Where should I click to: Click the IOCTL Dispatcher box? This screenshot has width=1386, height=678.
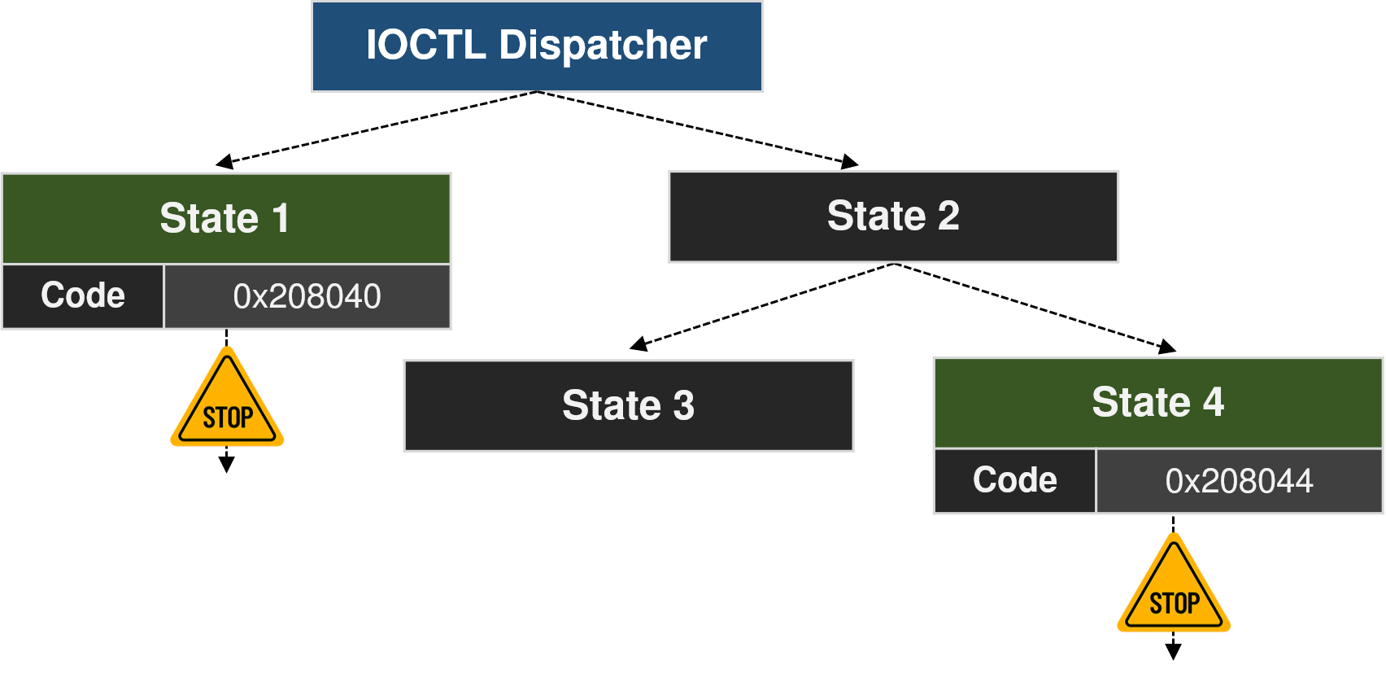[x=537, y=46]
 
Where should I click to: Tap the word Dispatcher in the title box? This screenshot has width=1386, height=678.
[x=603, y=45]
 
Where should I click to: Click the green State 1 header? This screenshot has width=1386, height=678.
[x=226, y=218]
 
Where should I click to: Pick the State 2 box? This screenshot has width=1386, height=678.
[x=893, y=217]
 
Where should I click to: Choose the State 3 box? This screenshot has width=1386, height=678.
[x=628, y=405]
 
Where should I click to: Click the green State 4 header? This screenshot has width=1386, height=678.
[x=1157, y=403]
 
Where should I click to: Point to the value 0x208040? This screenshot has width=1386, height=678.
[x=307, y=296]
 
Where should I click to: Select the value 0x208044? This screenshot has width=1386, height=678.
[x=1239, y=481]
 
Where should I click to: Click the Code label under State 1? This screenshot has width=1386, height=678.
[x=83, y=295]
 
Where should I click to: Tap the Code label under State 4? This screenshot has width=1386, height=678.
[x=1014, y=480]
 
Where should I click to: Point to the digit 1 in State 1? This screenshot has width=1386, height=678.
[x=281, y=218]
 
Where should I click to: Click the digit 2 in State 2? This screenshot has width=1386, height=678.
[x=948, y=216]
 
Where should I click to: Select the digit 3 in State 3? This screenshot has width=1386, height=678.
[x=684, y=405]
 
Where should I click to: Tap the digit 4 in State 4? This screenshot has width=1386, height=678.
[x=1214, y=402]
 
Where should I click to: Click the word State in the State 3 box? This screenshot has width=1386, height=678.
[x=611, y=405]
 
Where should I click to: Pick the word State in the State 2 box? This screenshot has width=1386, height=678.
[x=876, y=216]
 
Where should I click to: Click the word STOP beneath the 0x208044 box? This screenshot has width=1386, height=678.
[x=1174, y=604]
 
